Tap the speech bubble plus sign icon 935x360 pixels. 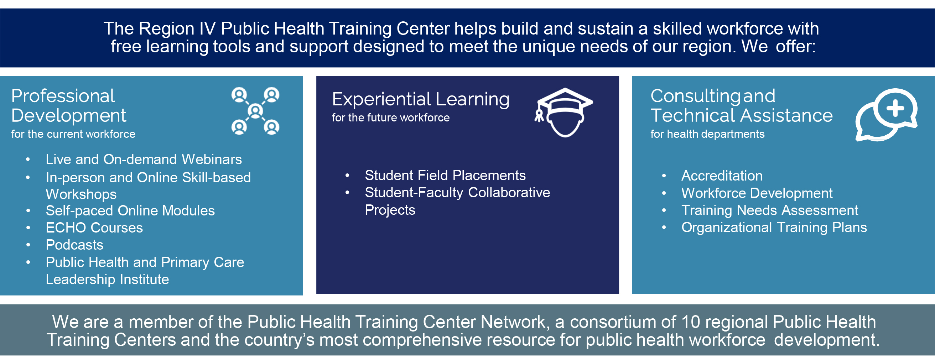tap(886, 115)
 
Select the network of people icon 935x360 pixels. tap(255, 111)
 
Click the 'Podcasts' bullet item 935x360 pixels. tap(74, 245)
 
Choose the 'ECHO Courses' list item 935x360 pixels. tap(94, 228)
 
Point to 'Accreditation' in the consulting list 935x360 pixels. tap(722, 176)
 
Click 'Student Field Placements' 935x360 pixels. tap(445, 176)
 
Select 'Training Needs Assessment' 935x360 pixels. tap(769, 210)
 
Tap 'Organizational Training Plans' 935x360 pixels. tap(774, 228)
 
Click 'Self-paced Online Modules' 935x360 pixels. tap(130, 211)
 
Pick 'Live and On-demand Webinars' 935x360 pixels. tap(144, 160)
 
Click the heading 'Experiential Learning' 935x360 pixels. tap(421, 99)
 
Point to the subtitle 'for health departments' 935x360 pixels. tap(707, 134)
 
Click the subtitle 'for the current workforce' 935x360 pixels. tap(73, 134)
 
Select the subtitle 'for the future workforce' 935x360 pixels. tap(390, 118)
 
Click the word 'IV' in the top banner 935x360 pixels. tap(208, 29)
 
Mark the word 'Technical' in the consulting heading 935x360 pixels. tap(692, 116)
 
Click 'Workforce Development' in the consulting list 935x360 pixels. tap(757, 193)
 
